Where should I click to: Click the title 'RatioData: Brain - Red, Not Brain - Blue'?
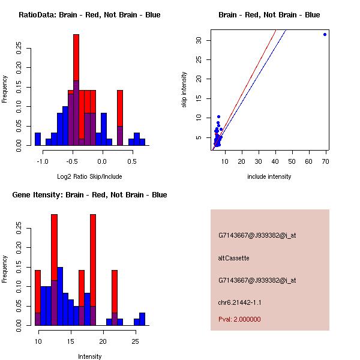[x=89, y=15]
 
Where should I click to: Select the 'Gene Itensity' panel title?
[x=89, y=195]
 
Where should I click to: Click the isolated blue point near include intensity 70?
[x=325, y=34]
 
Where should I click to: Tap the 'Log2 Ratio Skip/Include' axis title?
[x=89, y=176]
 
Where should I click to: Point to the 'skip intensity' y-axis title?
[x=184, y=90]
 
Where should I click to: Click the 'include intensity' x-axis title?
[x=269, y=176]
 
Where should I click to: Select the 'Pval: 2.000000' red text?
[x=239, y=319]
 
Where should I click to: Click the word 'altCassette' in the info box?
[x=233, y=258]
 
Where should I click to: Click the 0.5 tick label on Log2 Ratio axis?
[x=131, y=161]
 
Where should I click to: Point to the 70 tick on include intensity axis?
[x=325, y=161]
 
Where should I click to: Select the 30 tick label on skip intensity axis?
[x=197, y=40]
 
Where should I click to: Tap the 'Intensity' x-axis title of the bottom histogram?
[x=89, y=356]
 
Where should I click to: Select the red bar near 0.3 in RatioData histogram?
[x=120, y=108]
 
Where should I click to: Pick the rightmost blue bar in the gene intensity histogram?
[x=142, y=319]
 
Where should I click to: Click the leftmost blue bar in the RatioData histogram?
[x=38, y=139]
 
